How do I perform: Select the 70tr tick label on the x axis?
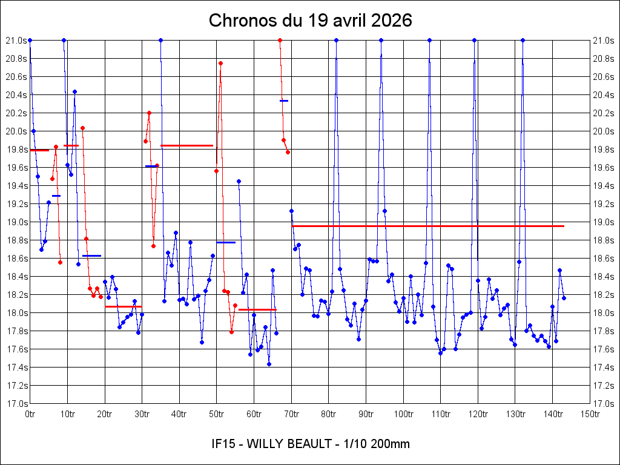pos(291,414)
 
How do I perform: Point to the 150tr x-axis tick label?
pos(590,414)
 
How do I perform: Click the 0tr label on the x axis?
pos(30,414)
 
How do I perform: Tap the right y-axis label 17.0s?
pos(604,404)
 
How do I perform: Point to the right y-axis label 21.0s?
pos(604,41)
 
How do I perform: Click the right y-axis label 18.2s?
pos(604,295)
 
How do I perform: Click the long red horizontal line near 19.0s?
pos(427,226)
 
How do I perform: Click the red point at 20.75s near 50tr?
pos(221,63)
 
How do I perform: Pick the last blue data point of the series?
pos(564,298)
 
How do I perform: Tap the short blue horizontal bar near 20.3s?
pos(284,101)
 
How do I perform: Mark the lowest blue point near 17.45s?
pos(269,364)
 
